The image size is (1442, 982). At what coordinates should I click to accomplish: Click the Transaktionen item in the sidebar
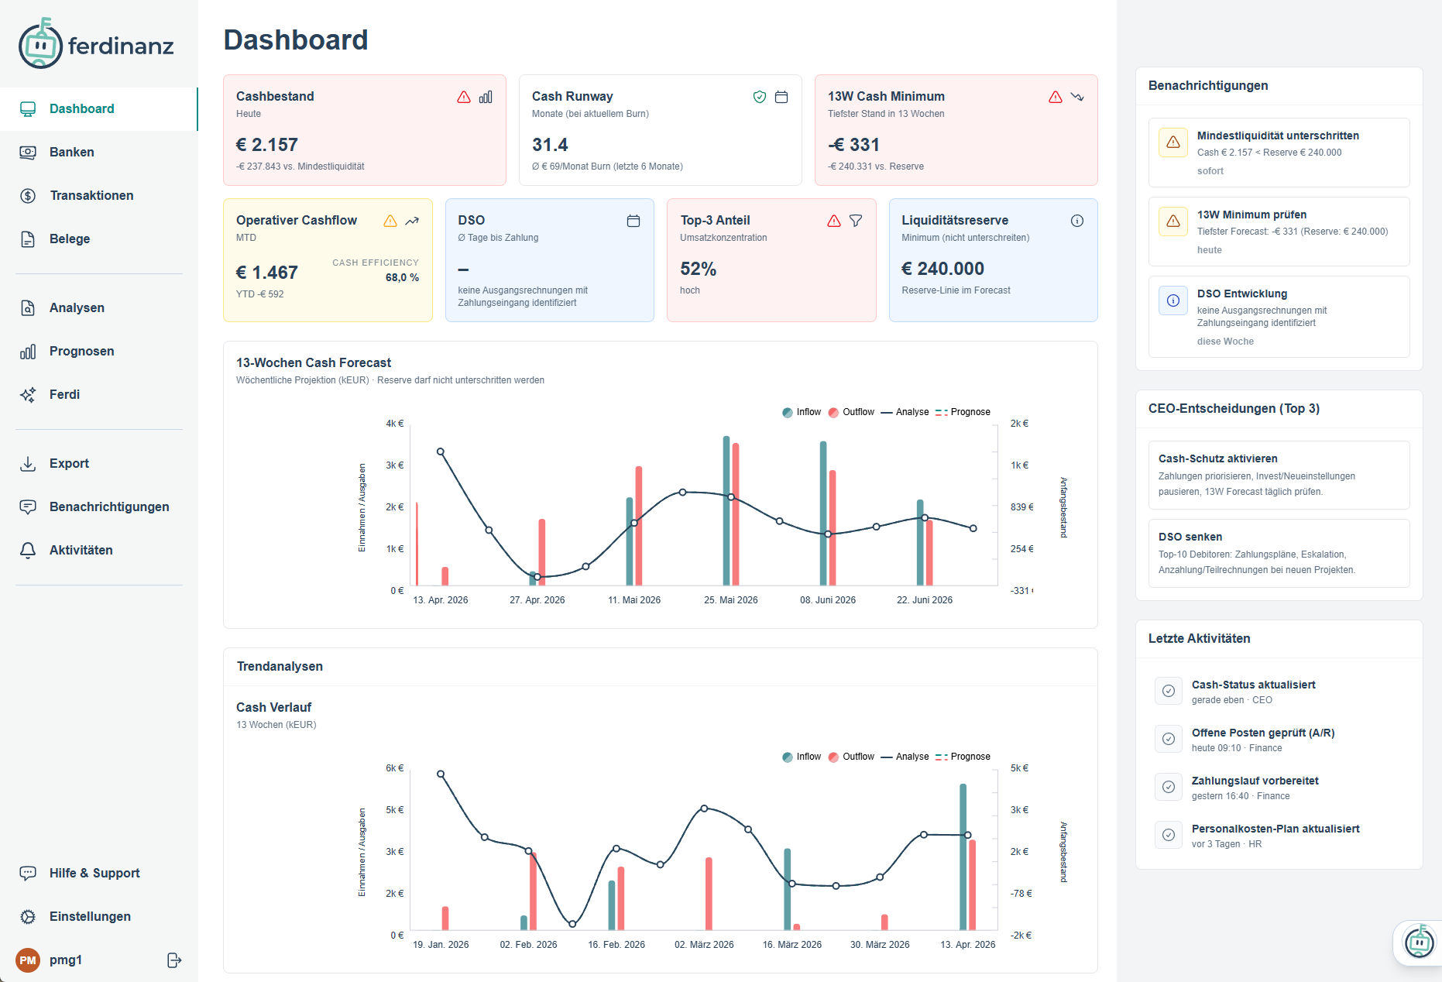(91, 195)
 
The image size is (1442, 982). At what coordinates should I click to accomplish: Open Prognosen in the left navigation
(81, 351)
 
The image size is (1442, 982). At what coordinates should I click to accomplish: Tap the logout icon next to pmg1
(174, 960)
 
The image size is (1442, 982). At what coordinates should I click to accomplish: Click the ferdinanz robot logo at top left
(40, 44)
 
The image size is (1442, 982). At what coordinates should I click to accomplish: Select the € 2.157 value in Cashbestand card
(267, 145)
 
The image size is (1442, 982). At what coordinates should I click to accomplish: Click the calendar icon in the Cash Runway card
(781, 97)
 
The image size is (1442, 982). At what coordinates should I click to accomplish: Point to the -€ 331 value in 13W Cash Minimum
(853, 145)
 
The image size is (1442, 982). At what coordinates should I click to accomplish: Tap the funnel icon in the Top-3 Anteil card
(856, 221)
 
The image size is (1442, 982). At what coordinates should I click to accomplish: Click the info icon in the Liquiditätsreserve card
(1077, 221)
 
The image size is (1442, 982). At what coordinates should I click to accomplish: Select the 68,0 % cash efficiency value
(402, 277)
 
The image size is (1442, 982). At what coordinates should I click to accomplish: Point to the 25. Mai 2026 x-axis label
(730, 600)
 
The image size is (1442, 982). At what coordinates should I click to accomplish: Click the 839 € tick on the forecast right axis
(1021, 507)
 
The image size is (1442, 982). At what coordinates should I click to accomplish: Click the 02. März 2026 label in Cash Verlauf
(704, 945)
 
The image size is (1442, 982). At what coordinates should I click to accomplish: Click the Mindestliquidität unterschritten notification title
(1278, 136)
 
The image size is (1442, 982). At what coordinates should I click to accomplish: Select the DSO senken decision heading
(1190, 537)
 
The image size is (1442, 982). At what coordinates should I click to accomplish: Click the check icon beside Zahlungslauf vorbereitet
(1169, 787)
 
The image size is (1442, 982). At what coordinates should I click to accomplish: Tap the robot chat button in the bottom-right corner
(1419, 943)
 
